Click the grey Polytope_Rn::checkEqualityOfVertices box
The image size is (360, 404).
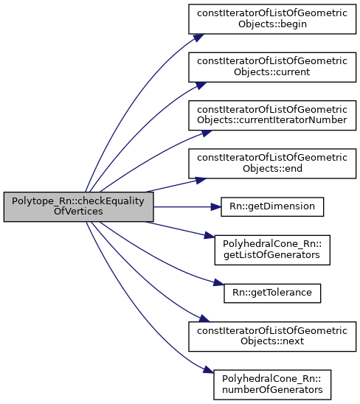(79, 206)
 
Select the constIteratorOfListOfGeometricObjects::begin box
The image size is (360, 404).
(272, 19)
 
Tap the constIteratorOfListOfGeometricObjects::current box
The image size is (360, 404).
(272, 67)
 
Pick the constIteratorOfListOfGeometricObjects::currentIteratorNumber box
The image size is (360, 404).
(272, 115)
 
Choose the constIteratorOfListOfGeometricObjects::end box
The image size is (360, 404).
(272, 163)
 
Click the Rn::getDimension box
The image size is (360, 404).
(272, 206)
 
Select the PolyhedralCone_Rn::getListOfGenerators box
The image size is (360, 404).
(272, 250)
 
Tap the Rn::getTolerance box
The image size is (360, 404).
(272, 293)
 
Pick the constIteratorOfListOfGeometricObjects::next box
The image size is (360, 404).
(272, 336)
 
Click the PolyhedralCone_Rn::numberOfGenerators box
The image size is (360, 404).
(272, 385)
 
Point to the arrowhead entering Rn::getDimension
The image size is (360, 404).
(216, 206)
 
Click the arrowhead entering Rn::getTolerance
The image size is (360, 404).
(219, 283)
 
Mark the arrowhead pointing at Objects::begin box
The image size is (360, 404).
(198, 38)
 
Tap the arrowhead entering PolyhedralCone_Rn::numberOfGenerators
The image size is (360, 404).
(208, 369)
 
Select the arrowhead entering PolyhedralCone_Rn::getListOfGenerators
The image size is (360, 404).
(210, 235)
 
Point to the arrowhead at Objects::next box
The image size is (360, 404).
(204, 318)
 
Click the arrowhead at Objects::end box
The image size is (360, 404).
(201, 180)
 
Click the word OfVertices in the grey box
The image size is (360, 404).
(78, 212)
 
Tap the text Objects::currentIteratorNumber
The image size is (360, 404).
(272, 120)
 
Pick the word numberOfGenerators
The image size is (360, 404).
(272, 390)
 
